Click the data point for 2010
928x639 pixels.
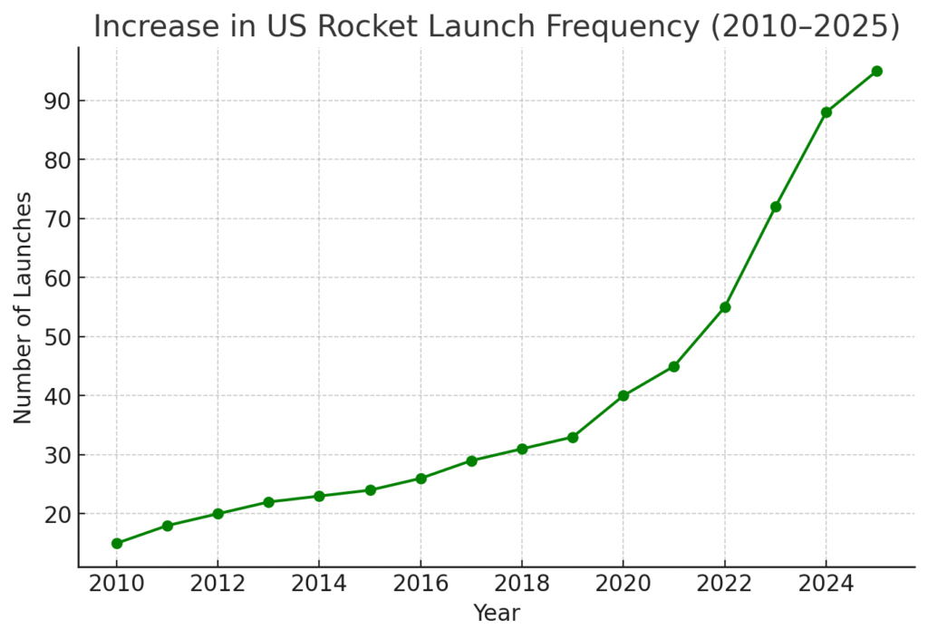pyautogui.click(x=117, y=543)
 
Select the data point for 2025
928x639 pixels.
pyautogui.click(x=876, y=71)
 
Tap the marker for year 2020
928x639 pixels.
pyautogui.click(x=623, y=395)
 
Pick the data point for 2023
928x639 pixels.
pyautogui.click(x=776, y=207)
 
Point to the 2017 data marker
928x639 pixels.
pyautogui.click(x=471, y=460)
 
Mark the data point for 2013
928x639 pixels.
pyautogui.click(x=269, y=502)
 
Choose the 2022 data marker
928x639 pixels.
pyautogui.click(x=725, y=307)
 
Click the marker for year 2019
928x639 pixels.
pyautogui.click(x=573, y=437)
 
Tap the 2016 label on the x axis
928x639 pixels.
pyautogui.click(x=420, y=583)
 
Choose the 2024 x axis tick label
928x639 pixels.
pyautogui.click(x=826, y=583)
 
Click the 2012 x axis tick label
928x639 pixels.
pyautogui.click(x=217, y=583)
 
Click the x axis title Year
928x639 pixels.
pyautogui.click(x=497, y=613)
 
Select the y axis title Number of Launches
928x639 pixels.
pyautogui.click(x=24, y=307)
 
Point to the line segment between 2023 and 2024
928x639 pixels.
pyautogui.click(x=801, y=160)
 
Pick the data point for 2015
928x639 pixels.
pyautogui.click(x=370, y=490)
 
